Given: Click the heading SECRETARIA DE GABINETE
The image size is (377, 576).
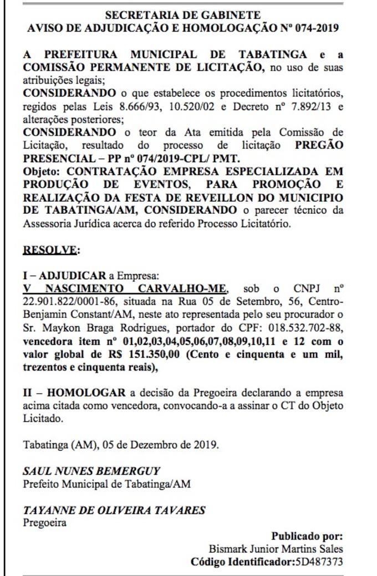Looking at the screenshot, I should click(182, 15).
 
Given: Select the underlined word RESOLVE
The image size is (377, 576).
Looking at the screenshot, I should click(50, 249).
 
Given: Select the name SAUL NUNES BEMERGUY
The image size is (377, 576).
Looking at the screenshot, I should click(91, 471).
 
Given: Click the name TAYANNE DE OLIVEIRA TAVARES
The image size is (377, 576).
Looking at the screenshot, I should click(114, 510).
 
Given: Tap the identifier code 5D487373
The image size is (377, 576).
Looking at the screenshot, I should click(318, 562).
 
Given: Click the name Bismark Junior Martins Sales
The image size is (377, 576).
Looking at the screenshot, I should click(276, 549).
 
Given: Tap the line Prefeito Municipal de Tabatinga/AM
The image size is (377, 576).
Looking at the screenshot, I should click(106, 484).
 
